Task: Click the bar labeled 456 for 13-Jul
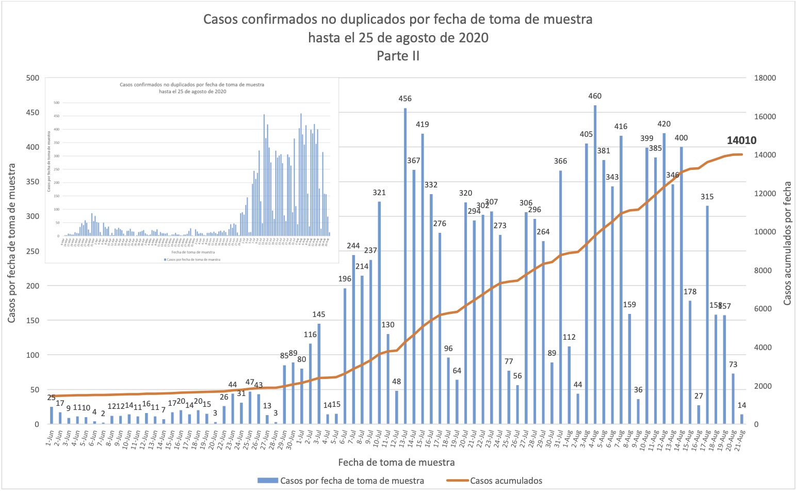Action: (x=405, y=266)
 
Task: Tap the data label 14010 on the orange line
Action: (x=741, y=140)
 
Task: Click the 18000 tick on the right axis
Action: (x=766, y=78)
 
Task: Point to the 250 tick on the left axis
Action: (x=33, y=251)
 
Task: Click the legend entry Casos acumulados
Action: (x=506, y=481)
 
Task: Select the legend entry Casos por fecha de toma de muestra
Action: (x=352, y=481)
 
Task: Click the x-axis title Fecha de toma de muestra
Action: (x=396, y=462)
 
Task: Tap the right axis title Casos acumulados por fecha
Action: (x=787, y=243)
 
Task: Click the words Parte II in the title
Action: (x=398, y=56)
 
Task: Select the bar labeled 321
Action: (x=379, y=312)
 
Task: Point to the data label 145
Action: (x=319, y=314)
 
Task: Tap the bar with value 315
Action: (x=707, y=314)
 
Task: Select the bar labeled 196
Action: (x=345, y=356)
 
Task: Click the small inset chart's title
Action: (x=192, y=88)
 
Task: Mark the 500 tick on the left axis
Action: (x=33, y=78)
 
